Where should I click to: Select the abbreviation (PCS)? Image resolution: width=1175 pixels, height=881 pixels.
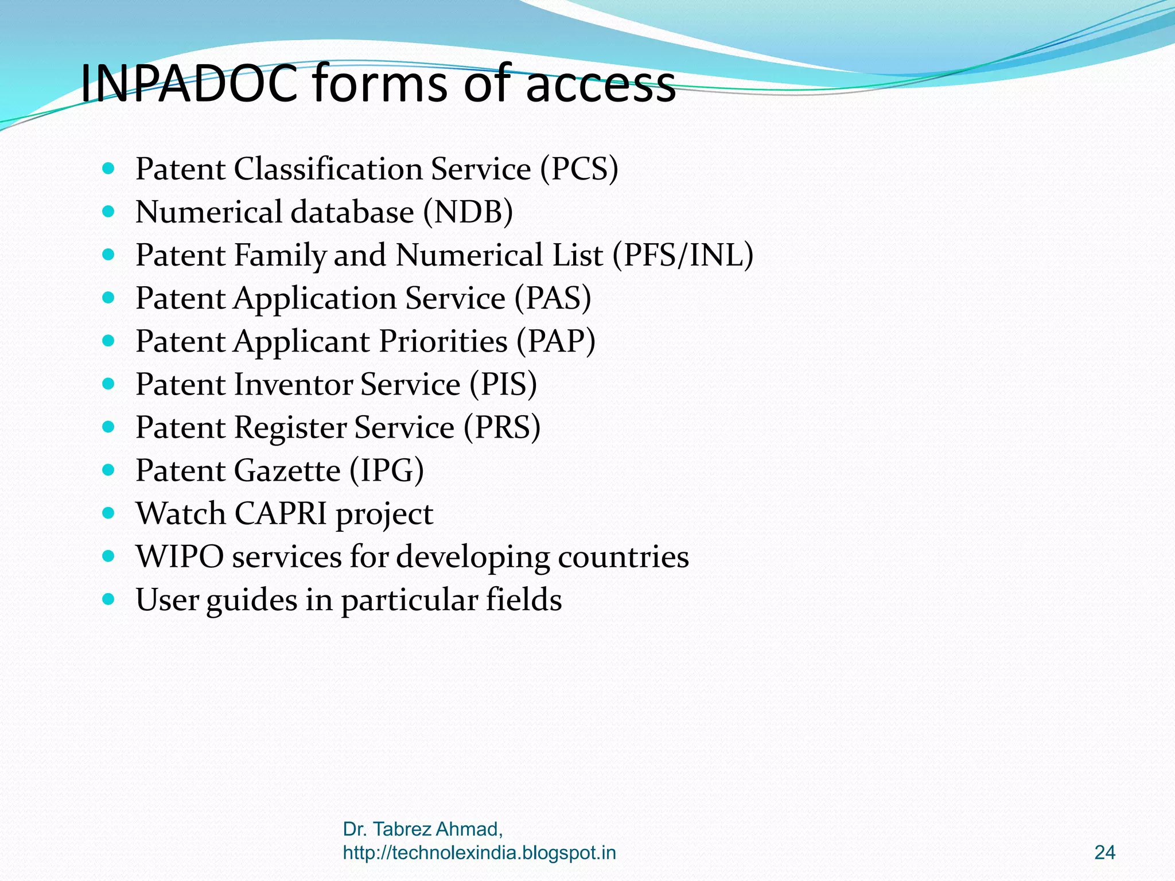[579, 169]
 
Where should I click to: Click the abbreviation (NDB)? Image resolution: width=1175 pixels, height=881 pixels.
[468, 212]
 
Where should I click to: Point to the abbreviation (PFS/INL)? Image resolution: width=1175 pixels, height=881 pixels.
[683, 255]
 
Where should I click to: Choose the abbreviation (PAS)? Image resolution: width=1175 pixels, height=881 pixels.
[553, 298]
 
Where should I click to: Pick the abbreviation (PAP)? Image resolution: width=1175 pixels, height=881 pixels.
[556, 341]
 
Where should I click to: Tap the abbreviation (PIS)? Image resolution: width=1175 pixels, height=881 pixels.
[503, 384]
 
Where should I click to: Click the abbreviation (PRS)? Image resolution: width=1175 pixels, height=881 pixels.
[502, 427]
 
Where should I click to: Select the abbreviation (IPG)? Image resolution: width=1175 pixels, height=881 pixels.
[387, 470]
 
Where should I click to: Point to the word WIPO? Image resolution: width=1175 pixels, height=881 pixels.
[180, 556]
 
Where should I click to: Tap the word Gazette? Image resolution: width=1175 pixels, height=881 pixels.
[287, 470]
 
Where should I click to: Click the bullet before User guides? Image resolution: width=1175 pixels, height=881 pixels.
[108, 599]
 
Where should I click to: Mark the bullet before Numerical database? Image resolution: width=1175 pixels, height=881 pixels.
[108, 212]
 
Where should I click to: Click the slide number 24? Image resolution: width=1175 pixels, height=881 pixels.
[1104, 853]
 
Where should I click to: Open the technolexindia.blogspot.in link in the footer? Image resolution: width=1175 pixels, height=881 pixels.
[479, 853]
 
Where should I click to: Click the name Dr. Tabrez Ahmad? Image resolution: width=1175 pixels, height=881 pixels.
[422, 829]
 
